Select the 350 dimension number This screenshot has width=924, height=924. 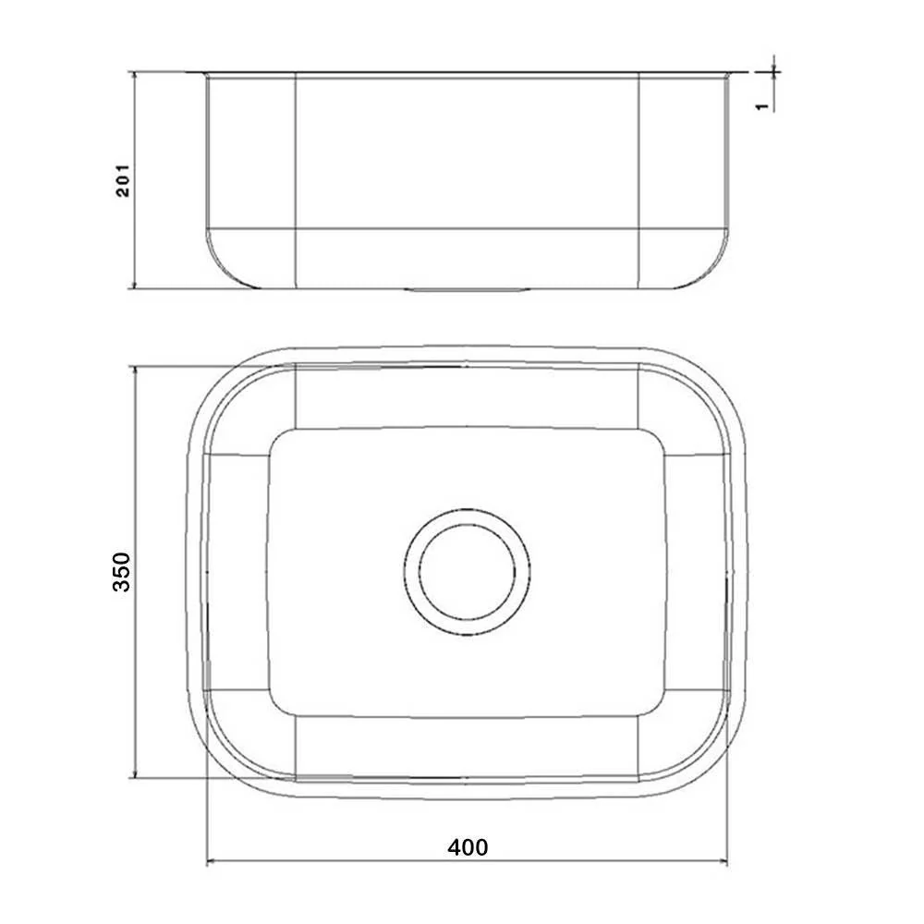(x=123, y=573)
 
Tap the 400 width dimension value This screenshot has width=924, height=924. (x=468, y=846)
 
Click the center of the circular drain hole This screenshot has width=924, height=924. (x=467, y=573)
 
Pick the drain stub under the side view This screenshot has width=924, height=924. (x=467, y=289)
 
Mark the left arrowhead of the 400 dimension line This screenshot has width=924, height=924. (x=207, y=864)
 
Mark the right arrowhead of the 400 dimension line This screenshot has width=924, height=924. (x=728, y=864)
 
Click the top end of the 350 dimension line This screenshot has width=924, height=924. (x=136, y=367)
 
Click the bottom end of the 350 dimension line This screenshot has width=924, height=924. (x=136, y=777)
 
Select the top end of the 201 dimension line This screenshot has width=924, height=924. (x=136, y=71)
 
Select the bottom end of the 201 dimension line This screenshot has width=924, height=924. (x=136, y=287)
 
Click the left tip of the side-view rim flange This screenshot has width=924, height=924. (x=188, y=72)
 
